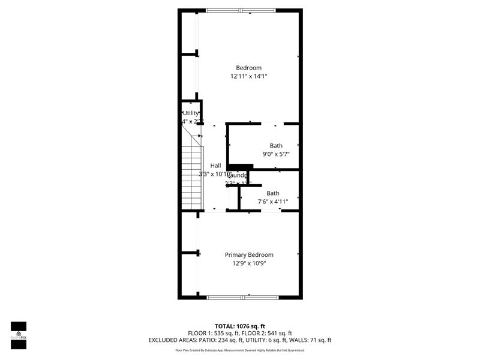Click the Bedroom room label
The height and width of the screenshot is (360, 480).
[248, 68]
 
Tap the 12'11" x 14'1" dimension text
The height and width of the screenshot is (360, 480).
[248, 76]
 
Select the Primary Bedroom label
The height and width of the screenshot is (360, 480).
[248, 254]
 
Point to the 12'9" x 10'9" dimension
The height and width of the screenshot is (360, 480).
[248, 263]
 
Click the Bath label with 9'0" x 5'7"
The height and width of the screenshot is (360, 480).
[275, 146]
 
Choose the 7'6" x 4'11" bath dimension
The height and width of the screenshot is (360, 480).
[273, 202]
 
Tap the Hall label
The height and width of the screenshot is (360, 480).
[215, 166]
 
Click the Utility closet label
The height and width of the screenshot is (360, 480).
[191, 113]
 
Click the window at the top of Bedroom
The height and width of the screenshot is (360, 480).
[241, 10]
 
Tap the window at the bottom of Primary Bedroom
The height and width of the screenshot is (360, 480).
[242, 297]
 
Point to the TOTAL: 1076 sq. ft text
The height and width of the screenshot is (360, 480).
[240, 326]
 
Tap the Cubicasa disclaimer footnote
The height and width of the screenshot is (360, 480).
[240, 350]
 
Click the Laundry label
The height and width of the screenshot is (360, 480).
[238, 175]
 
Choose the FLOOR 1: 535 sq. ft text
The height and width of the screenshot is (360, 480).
[213, 333]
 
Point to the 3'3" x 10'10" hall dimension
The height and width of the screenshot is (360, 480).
[215, 174]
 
